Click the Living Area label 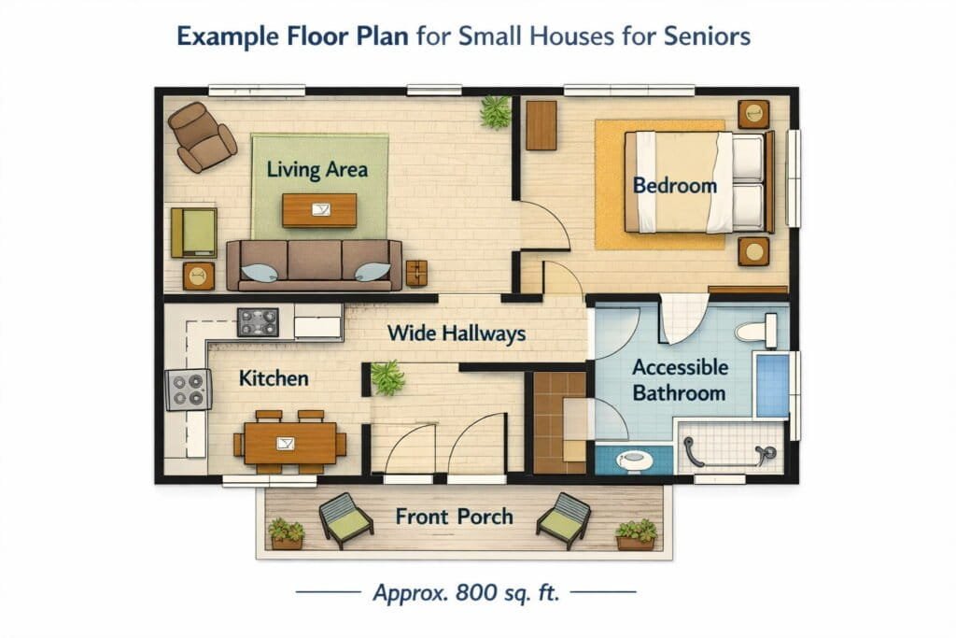[316, 170]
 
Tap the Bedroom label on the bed [674, 185]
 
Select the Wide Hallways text [456, 333]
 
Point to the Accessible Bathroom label [679, 380]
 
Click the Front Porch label [454, 517]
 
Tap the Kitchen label [274, 378]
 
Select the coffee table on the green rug [319, 209]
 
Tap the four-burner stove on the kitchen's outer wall [188, 389]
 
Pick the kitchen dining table [289, 441]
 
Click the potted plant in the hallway [386, 377]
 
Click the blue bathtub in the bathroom [771, 385]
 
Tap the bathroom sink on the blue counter [635, 459]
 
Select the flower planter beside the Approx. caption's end [636, 535]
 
